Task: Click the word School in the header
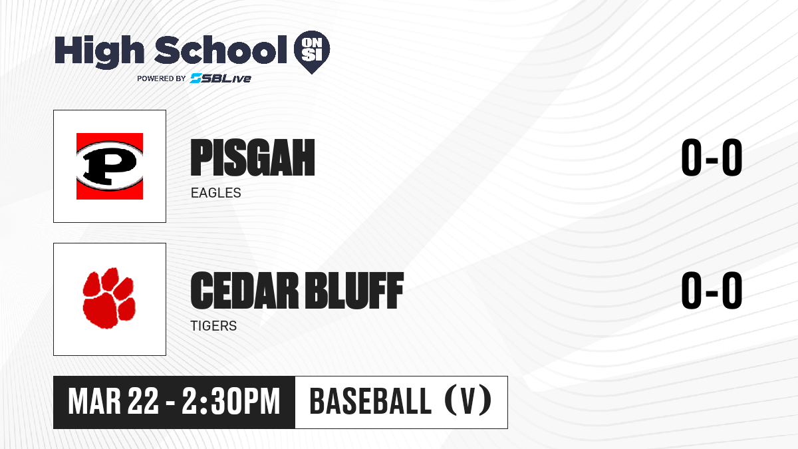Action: tap(221, 49)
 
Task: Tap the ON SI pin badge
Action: tap(312, 52)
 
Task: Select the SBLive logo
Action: tap(221, 78)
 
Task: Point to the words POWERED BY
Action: tap(162, 78)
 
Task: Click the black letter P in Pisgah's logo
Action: tap(110, 166)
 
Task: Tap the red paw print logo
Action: tap(109, 298)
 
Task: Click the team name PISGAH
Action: tap(253, 158)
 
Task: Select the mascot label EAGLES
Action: tap(216, 193)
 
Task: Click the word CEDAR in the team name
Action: tap(245, 291)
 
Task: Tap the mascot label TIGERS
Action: tap(213, 326)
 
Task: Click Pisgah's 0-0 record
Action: tap(712, 158)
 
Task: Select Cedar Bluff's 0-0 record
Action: tap(712, 291)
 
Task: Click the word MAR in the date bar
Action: tap(94, 401)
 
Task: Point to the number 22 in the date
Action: tap(143, 401)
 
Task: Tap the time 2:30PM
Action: tap(231, 401)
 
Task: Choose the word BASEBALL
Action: tap(370, 401)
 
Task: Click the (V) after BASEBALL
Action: tap(468, 400)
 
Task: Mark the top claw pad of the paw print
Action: tap(110, 278)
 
